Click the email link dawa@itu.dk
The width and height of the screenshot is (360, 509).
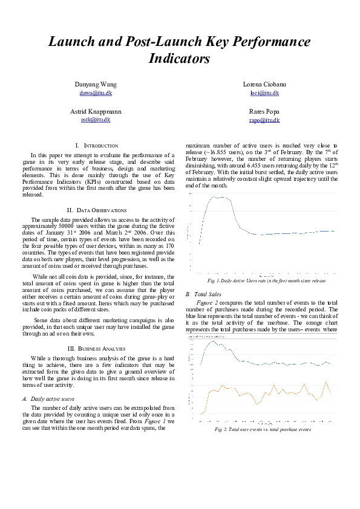[x=96, y=94]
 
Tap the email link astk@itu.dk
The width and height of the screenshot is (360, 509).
[x=96, y=120]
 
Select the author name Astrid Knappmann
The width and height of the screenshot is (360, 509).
[x=96, y=112]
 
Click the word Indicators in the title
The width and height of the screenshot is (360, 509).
[x=179, y=59]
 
